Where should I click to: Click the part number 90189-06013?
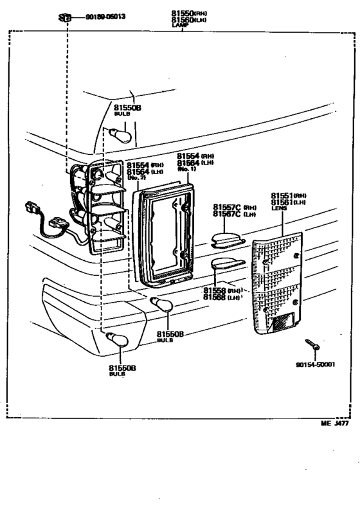pyautogui.click(x=105, y=17)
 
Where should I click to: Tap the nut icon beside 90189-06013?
pyautogui.click(x=66, y=18)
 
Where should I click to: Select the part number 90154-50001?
pyautogui.click(x=316, y=364)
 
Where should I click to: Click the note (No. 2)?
pyautogui.click(x=134, y=178)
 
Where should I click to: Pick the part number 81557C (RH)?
pyautogui.click(x=235, y=207)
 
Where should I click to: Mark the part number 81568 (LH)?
pyautogui.click(x=222, y=297)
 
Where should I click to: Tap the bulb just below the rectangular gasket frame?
pyautogui.click(x=160, y=305)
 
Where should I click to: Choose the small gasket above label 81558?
pyautogui.click(x=226, y=263)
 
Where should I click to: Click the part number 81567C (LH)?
pyautogui.click(x=235, y=214)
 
